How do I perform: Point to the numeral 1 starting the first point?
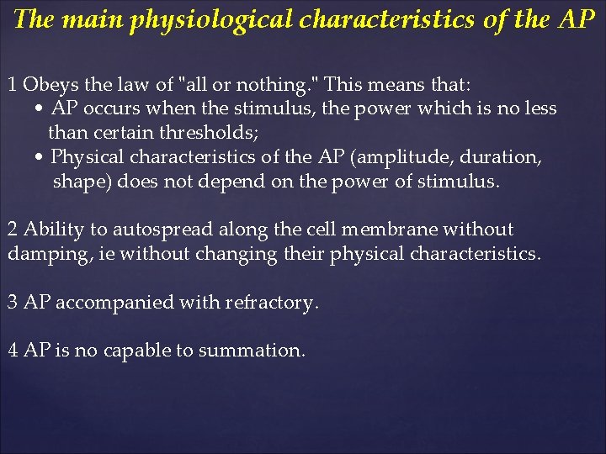pyautogui.click(x=13, y=85)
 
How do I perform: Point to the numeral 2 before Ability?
pyautogui.click(x=13, y=230)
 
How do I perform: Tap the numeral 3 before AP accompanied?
pyautogui.click(x=13, y=303)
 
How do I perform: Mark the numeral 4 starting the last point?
pyautogui.click(x=13, y=351)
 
